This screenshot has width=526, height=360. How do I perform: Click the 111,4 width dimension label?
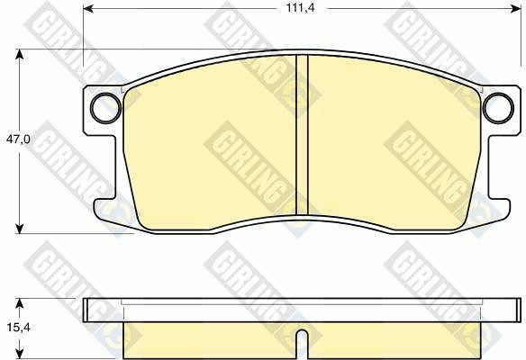(x=300, y=8)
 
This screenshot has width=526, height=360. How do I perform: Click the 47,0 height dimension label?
(x=18, y=139)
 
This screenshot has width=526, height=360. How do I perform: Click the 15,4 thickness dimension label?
(x=18, y=328)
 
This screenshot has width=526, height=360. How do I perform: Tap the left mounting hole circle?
(x=105, y=108)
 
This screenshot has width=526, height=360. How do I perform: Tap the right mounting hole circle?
(x=498, y=108)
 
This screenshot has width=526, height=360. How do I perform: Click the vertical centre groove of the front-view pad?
(x=302, y=135)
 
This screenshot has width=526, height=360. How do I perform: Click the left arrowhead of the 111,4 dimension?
(x=88, y=9)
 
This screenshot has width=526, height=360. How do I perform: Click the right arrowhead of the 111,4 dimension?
(x=515, y=9)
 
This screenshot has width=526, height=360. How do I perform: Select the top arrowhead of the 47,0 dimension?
(x=20, y=55)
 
